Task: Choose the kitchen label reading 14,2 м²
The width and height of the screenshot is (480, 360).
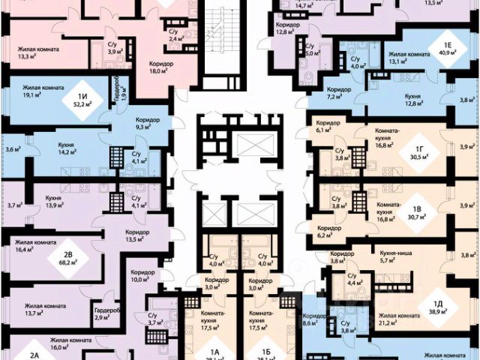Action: (73, 147)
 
